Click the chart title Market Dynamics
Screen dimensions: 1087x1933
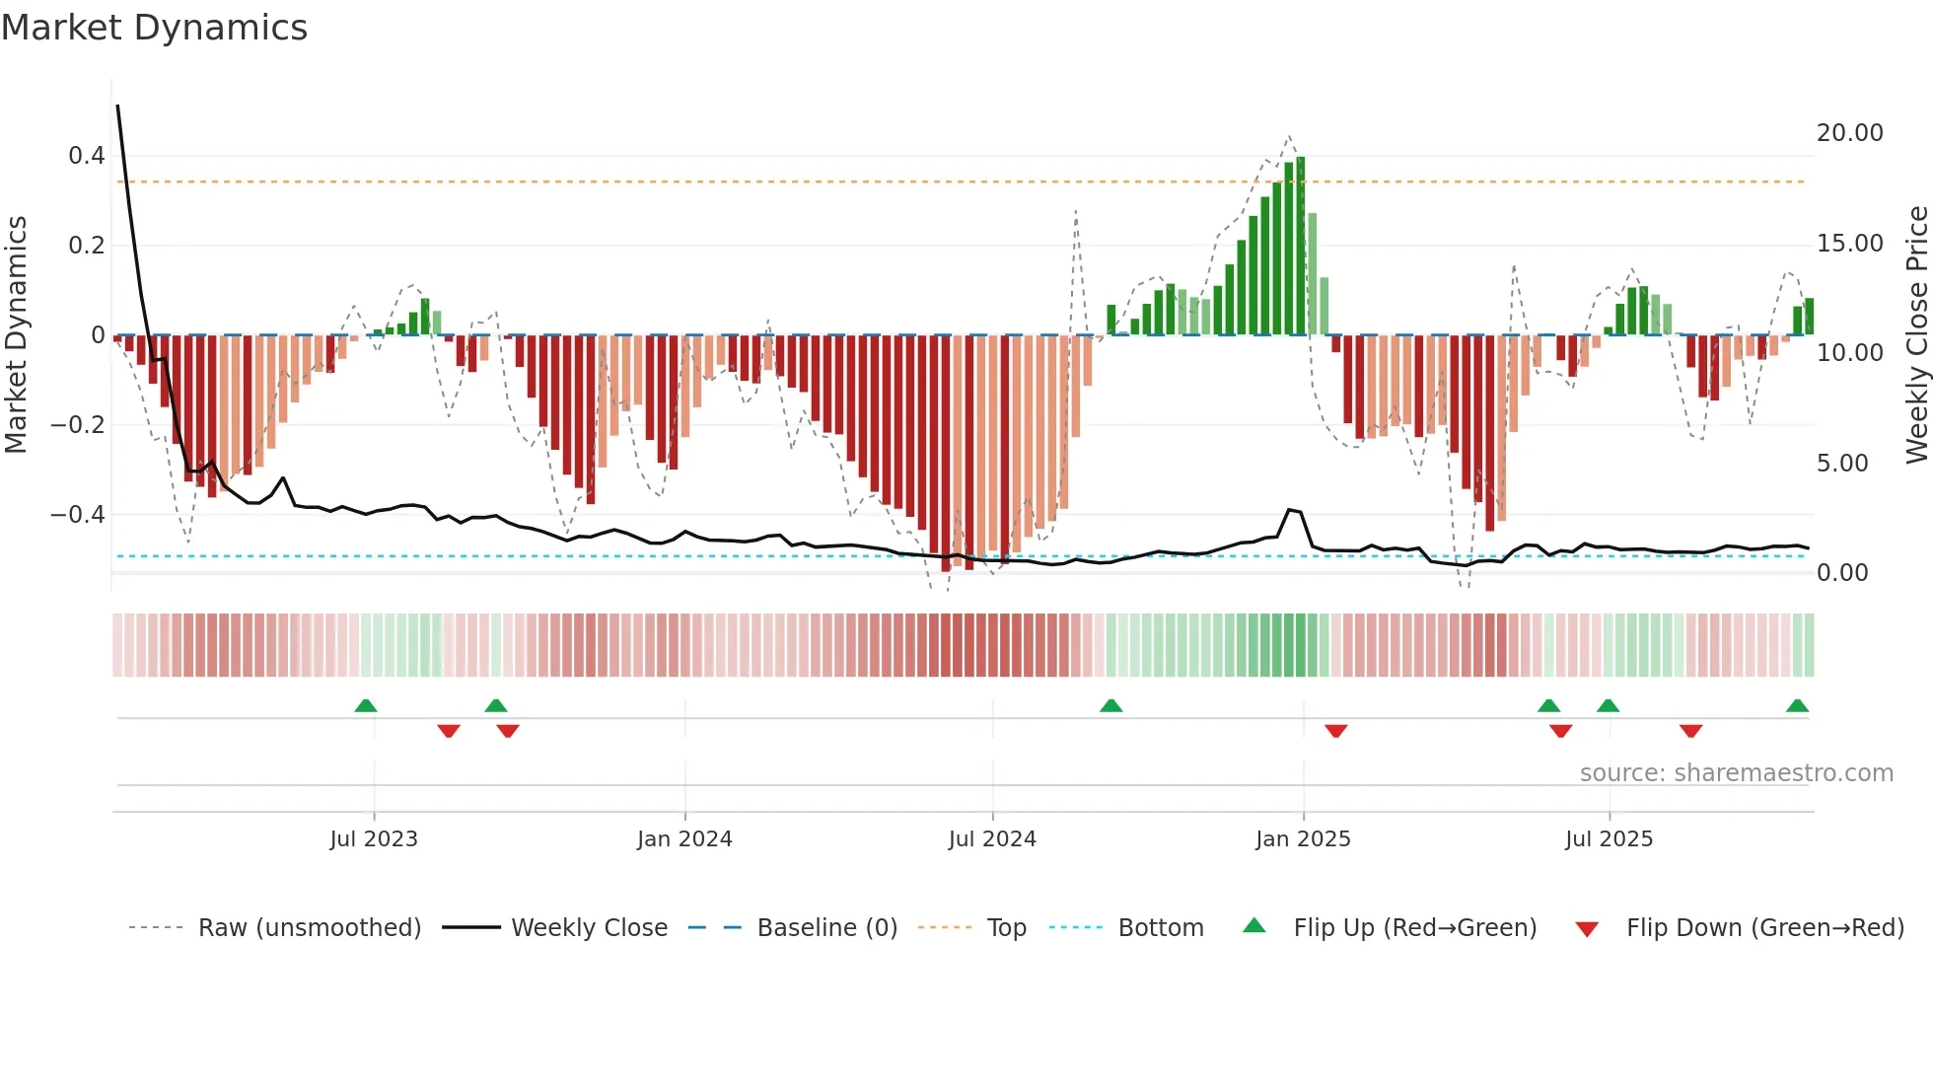click(155, 28)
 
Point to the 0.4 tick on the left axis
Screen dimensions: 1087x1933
click(87, 156)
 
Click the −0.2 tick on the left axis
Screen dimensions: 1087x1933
click(78, 425)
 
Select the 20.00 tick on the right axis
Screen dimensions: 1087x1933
click(1849, 133)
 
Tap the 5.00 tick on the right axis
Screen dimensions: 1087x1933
click(1841, 464)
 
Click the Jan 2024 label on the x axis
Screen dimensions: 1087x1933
click(684, 839)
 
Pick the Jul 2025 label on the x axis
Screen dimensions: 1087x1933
click(1609, 839)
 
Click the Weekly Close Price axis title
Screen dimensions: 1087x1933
click(1916, 335)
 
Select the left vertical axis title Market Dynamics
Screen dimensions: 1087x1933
click(16, 335)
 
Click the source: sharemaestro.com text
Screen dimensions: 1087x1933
click(1736, 773)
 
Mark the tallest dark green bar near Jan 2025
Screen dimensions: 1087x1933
click(1301, 247)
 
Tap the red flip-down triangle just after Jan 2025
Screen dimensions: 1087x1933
click(1336, 731)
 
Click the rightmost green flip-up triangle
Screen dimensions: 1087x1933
click(1797, 706)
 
